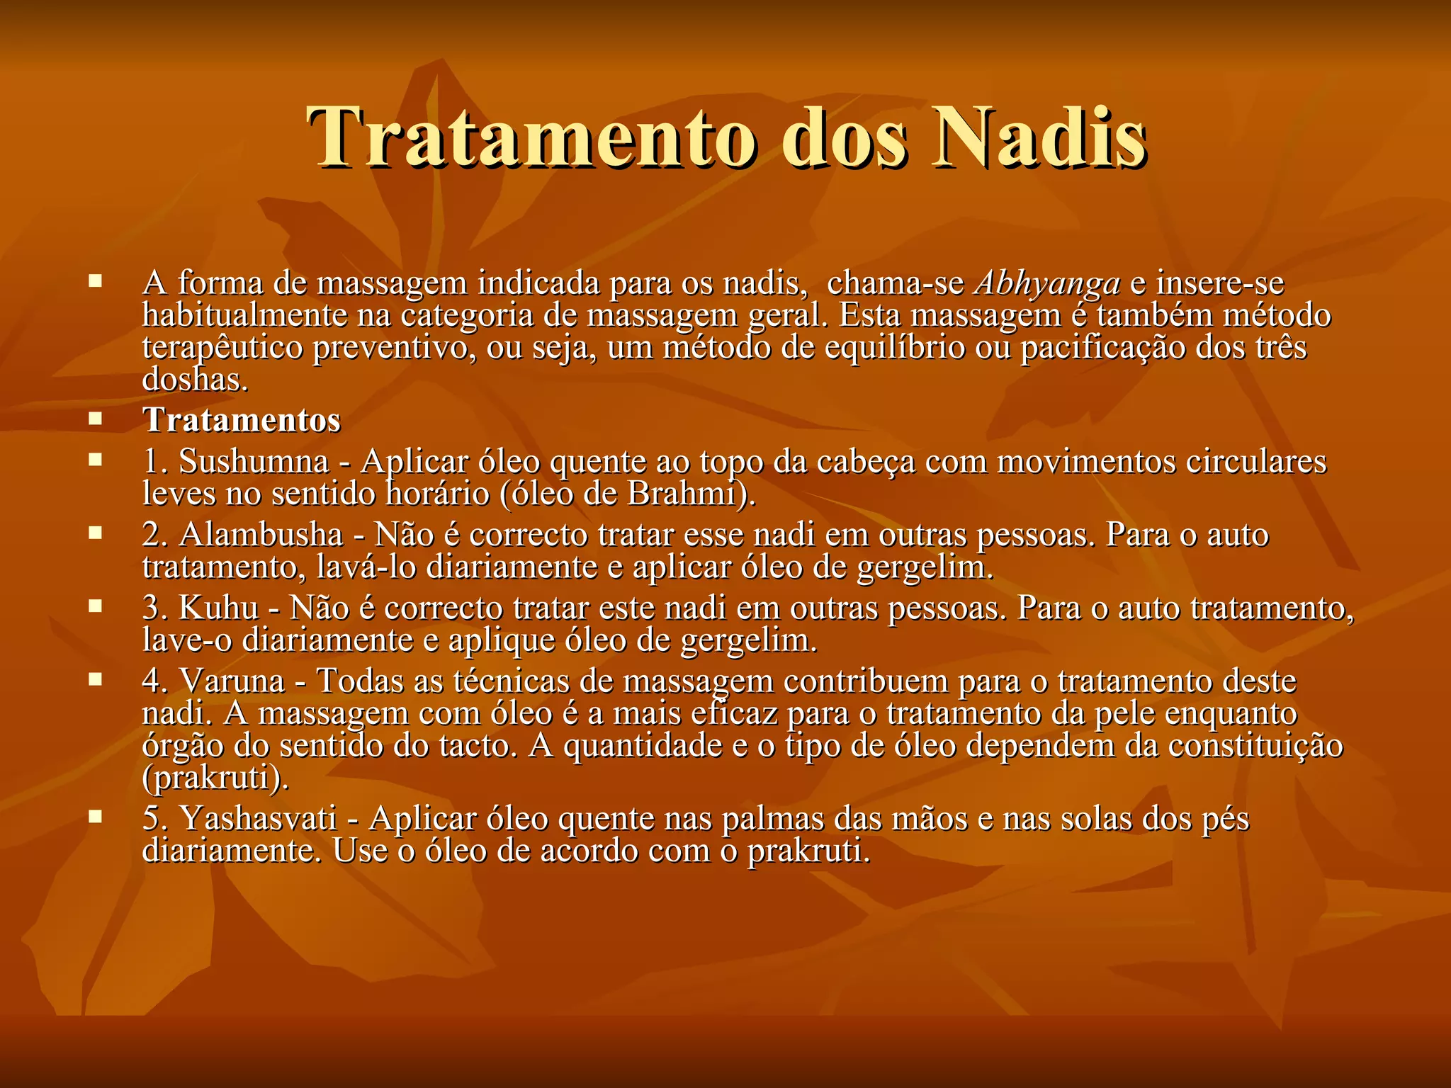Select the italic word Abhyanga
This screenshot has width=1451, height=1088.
click(1048, 283)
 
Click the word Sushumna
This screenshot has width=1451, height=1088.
click(254, 462)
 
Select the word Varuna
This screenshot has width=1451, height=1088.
click(232, 681)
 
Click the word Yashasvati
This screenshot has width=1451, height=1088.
click(258, 818)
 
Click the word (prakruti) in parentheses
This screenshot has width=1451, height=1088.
click(216, 778)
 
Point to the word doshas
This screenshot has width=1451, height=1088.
click(196, 380)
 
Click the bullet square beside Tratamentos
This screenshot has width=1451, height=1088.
click(95, 418)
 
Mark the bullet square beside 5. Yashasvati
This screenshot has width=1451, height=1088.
click(95, 816)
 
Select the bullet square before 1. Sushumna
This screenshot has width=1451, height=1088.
click(95, 460)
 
